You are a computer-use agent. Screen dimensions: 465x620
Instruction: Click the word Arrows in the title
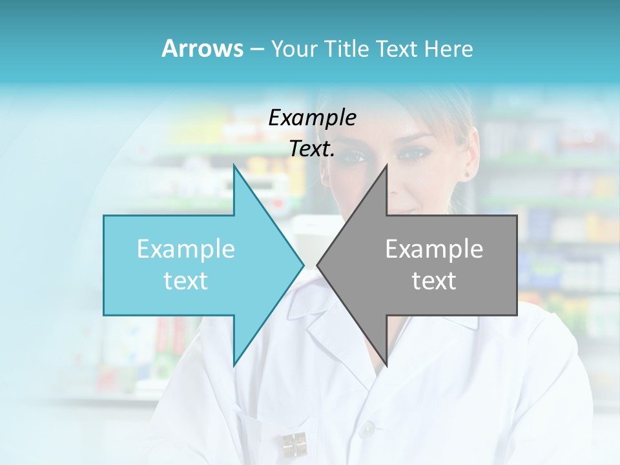tap(202, 48)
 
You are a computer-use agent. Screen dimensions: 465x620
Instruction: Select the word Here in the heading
tap(448, 49)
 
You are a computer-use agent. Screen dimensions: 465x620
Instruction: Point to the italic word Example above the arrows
tap(312, 118)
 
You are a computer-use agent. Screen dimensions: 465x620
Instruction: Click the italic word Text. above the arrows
tap(312, 149)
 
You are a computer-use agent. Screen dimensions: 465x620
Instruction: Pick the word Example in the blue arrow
tap(186, 249)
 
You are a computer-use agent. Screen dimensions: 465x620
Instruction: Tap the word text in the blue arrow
tap(186, 280)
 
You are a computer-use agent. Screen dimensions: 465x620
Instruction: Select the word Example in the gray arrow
tap(434, 249)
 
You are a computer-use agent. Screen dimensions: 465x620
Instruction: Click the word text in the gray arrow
tap(434, 280)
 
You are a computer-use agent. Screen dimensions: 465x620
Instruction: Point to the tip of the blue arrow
tap(303, 265)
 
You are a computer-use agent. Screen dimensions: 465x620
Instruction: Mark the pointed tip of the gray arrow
tap(318, 265)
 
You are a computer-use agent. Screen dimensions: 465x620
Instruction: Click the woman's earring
tap(467, 174)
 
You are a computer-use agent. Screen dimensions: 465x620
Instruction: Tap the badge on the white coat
tap(293, 444)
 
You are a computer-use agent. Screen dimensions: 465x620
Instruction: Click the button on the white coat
tap(367, 427)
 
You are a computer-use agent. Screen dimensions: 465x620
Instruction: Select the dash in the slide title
tap(256, 49)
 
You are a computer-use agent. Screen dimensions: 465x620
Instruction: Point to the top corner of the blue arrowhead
tap(234, 165)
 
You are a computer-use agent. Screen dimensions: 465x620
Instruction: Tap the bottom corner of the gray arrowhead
tap(386, 366)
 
